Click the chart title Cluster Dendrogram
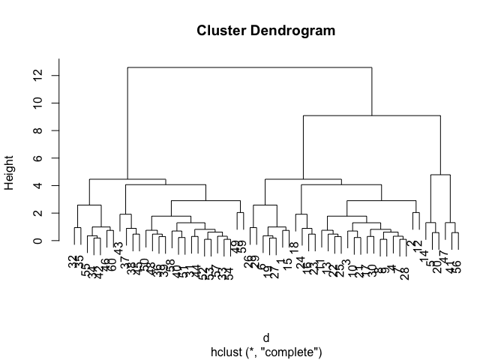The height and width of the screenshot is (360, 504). pos(265,31)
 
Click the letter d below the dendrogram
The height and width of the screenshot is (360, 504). pos(265,338)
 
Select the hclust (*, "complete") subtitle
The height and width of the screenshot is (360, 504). pos(265,350)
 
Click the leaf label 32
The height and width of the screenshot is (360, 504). pos(73,261)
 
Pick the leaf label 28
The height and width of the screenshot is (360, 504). pos(406,273)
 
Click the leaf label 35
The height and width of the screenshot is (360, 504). pos(79,261)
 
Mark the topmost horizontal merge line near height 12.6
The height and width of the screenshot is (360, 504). pos(250,67)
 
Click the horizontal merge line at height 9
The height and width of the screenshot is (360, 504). pos(371,115)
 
